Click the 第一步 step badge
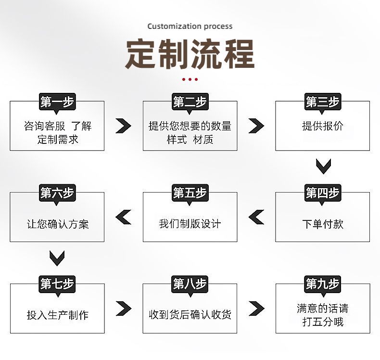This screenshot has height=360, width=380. (57, 102)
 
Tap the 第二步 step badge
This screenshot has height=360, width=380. (190, 102)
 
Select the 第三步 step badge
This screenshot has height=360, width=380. (322, 102)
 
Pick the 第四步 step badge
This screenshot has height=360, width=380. (322, 193)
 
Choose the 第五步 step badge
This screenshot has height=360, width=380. (190, 193)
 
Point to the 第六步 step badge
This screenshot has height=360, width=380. (57, 193)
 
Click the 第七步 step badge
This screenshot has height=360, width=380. (57, 284)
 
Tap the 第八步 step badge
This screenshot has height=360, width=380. (190, 284)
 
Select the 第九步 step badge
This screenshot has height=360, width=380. (322, 284)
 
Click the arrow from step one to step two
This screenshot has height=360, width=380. (124, 126)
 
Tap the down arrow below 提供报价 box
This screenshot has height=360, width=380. (323, 166)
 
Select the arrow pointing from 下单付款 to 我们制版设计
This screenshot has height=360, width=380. (256, 217)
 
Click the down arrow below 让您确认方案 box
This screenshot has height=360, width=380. (57, 257)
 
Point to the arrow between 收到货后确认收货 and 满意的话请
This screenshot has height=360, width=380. (256, 308)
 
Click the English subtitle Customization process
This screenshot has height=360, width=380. (190, 26)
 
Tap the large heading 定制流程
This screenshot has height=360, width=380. (190, 54)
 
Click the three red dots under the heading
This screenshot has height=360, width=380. (190, 79)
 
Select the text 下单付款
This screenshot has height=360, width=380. (323, 224)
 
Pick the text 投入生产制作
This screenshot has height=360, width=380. (57, 315)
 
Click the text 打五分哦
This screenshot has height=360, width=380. (323, 322)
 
